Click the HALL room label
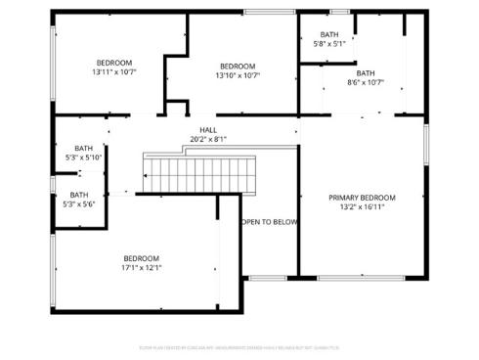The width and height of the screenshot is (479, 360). [208, 129]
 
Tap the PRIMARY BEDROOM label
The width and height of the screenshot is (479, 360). [362, 198]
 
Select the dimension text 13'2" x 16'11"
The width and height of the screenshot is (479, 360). [362, 207]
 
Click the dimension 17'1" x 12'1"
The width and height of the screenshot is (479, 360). [141, 267]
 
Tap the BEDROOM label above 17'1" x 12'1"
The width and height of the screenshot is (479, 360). [141, 257]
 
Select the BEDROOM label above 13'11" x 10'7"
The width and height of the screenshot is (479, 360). [114, 63]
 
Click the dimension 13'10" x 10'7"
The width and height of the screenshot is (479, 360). [238, 75]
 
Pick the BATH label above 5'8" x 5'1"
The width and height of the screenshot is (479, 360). [329, 34]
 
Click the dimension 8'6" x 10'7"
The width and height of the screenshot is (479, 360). [366, 82]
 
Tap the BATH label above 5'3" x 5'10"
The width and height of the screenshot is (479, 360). [83, 148]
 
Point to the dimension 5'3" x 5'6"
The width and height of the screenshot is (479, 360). [79, 203]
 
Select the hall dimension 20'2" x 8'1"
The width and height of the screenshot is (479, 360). [208, 139]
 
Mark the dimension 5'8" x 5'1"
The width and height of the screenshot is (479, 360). [329, 44]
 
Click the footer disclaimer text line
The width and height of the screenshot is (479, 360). [239, 346]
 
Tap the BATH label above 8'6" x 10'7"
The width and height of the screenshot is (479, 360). [366, 72]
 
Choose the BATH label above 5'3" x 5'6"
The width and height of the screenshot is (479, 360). [79, 194]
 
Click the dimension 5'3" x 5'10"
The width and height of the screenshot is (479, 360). [83, 157]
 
